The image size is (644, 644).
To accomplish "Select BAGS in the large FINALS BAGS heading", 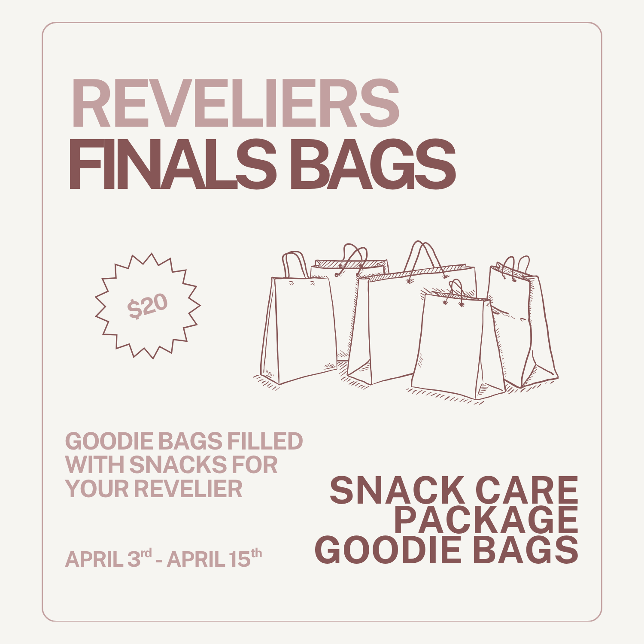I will tap(372, 165).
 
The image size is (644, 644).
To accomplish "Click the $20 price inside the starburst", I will tap(147, 306).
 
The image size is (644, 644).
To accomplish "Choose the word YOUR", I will tap(97, 489).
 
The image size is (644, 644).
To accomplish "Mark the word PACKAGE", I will tap(486, 520).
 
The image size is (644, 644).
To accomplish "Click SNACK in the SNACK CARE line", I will tap(395, 491).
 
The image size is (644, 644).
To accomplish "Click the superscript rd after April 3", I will tap(146, 553).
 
